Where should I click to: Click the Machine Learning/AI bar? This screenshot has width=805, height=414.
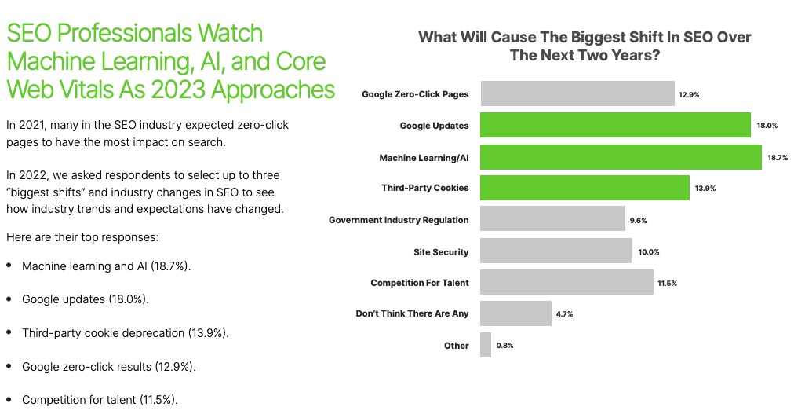(x=621, y=157)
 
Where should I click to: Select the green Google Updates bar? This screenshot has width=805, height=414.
(x=616, y=126)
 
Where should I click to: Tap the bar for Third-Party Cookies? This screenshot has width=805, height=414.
(x=585, y=189)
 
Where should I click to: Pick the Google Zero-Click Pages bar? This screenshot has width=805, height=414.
(x=577, y=94)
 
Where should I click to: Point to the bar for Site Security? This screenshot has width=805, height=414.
(x=555, y=251)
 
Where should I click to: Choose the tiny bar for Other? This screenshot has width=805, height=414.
(x=486, y=345)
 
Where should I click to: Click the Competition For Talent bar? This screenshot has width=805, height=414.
(x=566, y=283)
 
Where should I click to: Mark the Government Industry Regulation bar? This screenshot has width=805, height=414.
(x=552, y=220)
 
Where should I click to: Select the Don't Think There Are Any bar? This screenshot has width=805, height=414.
(x=515, y=314)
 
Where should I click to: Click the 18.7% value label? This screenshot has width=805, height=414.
(x=778, y=158)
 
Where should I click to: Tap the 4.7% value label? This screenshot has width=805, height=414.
(x=565, y=314)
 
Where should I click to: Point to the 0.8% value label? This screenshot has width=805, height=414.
(x=505, y=346)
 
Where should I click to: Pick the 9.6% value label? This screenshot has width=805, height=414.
(x=638, y=221)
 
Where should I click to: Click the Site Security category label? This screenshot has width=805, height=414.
(x=441, y=252)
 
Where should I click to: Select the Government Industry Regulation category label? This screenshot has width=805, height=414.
(x=399, y=220)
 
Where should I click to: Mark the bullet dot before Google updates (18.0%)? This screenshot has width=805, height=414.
(x=9, y=299)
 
